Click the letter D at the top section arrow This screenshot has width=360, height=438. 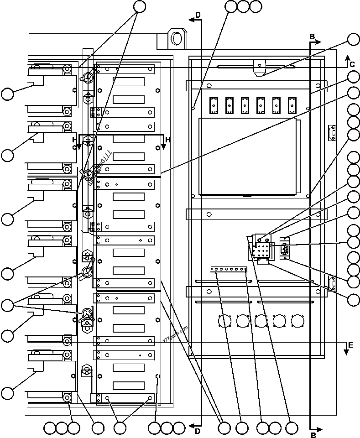pyautogui.click(x=198, y=15)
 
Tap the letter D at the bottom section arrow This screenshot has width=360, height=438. pyautogui.click(x=198, y=430)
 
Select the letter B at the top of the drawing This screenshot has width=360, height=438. pyautogui.click(x=312, y=36)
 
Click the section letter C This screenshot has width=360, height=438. pyautogui.click(x=352, y=63)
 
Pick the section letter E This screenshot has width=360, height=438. pyautogui.click(x=350, y=345)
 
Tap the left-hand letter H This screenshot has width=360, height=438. pyautogui.click(x=74, y=140)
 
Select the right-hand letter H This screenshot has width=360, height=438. pyautogui.click(x=167, y=140)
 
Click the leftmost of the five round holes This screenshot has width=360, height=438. pyautogui.click(x=225, y=321)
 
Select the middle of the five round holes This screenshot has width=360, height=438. pyautogui.click(x=261, y=321)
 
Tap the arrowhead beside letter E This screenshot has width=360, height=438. pyautogui.click(x=345, y=351)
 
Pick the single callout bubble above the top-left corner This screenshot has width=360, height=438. pyautogui.click(x=140, y=6)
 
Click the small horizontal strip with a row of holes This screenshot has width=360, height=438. pyautogui.click(x=228, y=269)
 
